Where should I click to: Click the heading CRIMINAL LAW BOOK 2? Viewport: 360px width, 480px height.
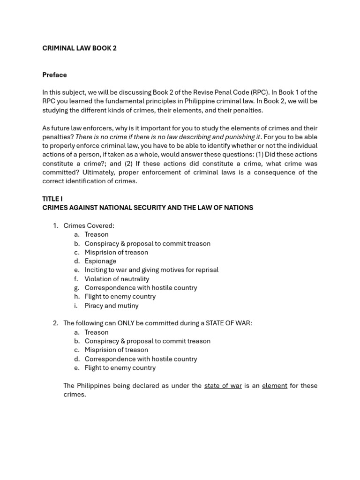79,48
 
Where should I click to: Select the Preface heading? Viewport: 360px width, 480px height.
54,75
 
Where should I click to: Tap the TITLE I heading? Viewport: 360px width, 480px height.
52,199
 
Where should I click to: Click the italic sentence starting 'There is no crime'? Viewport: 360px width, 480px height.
168,137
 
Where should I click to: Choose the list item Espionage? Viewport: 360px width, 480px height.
100,261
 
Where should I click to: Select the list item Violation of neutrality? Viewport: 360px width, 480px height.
117,279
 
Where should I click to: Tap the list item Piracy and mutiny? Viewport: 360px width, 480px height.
112,306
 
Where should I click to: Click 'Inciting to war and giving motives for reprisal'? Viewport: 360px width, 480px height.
151,270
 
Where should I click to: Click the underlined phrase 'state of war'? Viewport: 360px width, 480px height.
223,386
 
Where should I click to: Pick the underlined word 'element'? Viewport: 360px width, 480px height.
274,386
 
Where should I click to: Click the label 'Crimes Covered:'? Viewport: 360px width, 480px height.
89,225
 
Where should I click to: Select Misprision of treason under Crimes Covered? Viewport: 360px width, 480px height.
116,252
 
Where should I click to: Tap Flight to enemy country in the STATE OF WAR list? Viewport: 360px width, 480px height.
120,368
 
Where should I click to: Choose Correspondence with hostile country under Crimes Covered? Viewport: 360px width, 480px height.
141,288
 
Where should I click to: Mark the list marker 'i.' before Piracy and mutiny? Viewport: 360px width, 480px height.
76,306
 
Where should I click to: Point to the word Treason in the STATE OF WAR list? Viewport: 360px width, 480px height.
97,332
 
